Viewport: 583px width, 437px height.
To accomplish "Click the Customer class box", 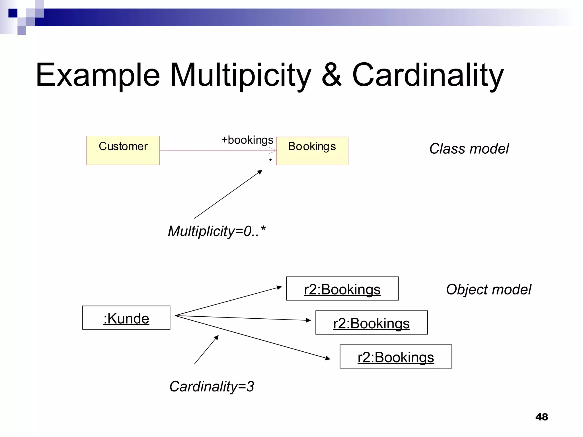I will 123,150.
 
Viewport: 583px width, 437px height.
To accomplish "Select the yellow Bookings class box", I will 312,151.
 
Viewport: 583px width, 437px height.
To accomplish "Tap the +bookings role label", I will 247,140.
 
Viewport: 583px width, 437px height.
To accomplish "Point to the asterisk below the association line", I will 270,161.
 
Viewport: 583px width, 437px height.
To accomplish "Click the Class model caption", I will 469,149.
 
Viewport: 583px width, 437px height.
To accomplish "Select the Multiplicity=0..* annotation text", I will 216,231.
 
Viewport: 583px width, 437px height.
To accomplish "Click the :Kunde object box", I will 126,318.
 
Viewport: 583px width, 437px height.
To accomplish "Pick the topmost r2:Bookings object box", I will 342,288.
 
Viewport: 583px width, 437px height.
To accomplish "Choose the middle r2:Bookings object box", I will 371,323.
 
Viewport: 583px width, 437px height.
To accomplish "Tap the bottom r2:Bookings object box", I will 396,356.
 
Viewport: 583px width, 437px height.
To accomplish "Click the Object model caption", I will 488,289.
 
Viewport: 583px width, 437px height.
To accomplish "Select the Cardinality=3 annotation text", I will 212,386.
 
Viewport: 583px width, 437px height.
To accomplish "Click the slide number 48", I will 541,417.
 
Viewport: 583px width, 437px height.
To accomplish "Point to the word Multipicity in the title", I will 241,75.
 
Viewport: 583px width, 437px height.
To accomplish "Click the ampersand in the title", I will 332,75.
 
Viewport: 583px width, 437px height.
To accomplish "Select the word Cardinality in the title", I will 428,75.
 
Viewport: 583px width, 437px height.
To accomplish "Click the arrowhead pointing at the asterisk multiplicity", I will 260,172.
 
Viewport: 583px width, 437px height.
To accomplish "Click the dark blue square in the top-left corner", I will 13,13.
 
